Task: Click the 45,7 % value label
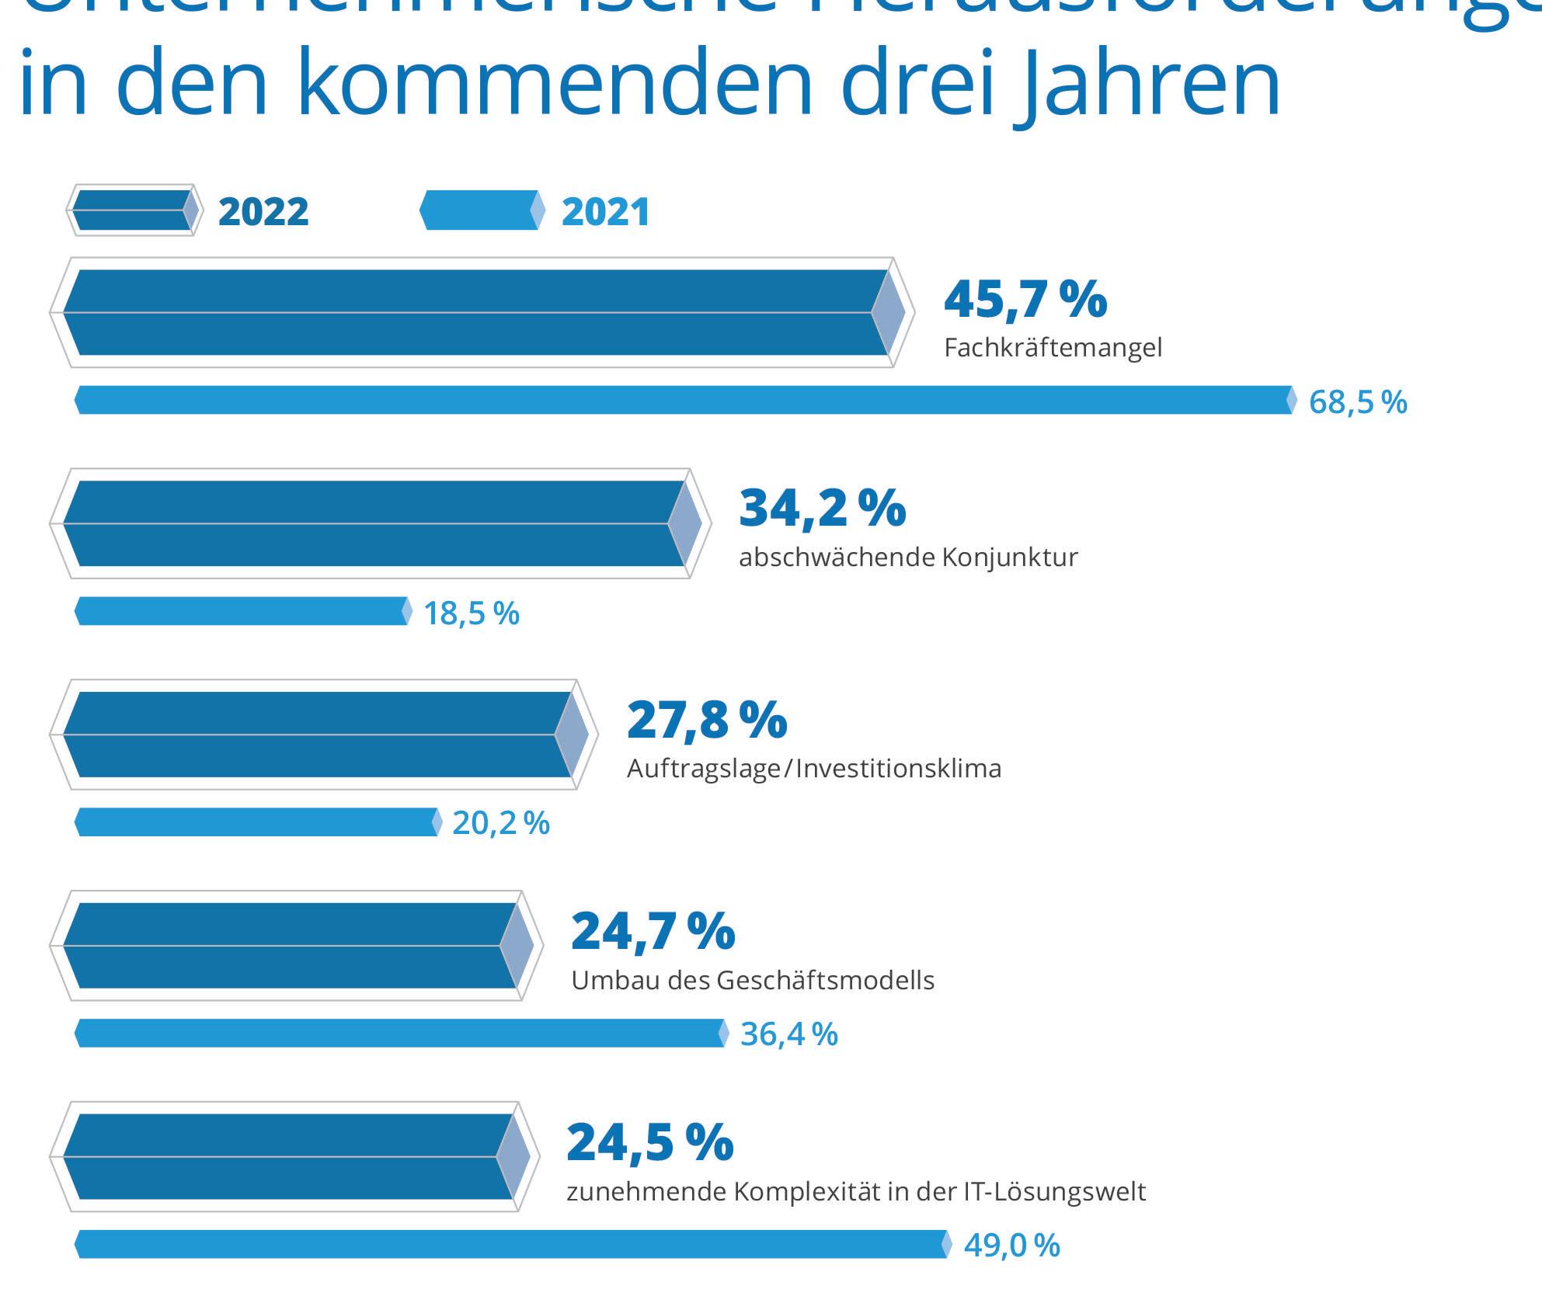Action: [1025, 300]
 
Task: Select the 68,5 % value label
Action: [1357, 402]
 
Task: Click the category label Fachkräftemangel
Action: [1053, 348]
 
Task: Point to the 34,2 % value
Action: [822, 508]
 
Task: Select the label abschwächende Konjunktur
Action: [908, 558]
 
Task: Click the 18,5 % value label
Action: [471, 613]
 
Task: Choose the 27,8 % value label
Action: [706, 720]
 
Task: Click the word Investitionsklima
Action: [899, 769]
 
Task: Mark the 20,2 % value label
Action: [500, 823]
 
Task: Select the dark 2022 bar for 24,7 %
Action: [290, 946]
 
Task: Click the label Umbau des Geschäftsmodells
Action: [752, 981]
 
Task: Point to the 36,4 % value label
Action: [788, 1034]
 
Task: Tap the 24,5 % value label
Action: [649, 1142]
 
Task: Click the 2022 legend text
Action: [263, 212]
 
